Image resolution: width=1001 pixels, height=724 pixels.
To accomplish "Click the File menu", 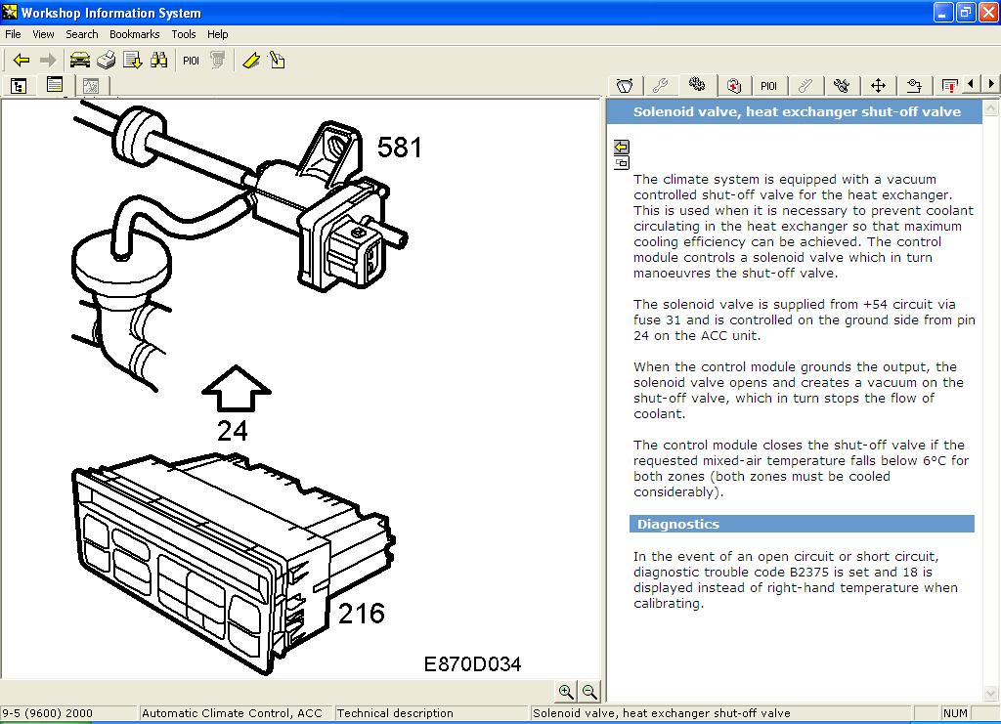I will (13, 34).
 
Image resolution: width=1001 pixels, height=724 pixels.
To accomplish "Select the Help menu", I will (217, 34).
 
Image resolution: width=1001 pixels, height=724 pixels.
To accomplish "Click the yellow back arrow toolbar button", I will (21, 61).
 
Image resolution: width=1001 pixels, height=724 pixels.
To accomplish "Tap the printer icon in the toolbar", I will (107, 61).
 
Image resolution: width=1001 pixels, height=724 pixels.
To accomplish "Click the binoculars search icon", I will (159, 61).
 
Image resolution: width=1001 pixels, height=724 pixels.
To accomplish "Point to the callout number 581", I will (400, 148).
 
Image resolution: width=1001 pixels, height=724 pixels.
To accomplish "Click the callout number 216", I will (361, 614).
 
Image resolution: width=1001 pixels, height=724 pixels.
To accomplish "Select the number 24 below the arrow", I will (233, 430).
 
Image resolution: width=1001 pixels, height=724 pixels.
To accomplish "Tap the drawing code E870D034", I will (472, 664).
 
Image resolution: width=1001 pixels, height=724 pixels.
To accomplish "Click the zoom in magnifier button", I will (566, 692).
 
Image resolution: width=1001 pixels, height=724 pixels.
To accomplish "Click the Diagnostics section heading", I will (678, 525).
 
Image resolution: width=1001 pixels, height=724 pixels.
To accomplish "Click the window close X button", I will (986, 13).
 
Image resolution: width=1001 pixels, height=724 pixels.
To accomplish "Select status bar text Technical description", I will (396, 713).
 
